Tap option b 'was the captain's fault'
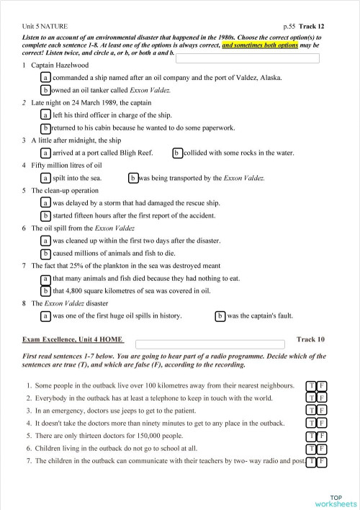pyautogui.click(x=220, y=316)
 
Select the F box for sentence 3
pyautogui.click(x=322, y=411)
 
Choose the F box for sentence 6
pyautogui.click(x=322, y=449)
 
